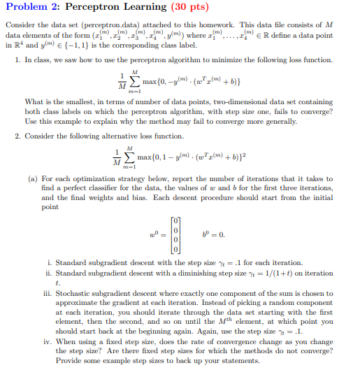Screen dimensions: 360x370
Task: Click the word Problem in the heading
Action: (26, 9)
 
